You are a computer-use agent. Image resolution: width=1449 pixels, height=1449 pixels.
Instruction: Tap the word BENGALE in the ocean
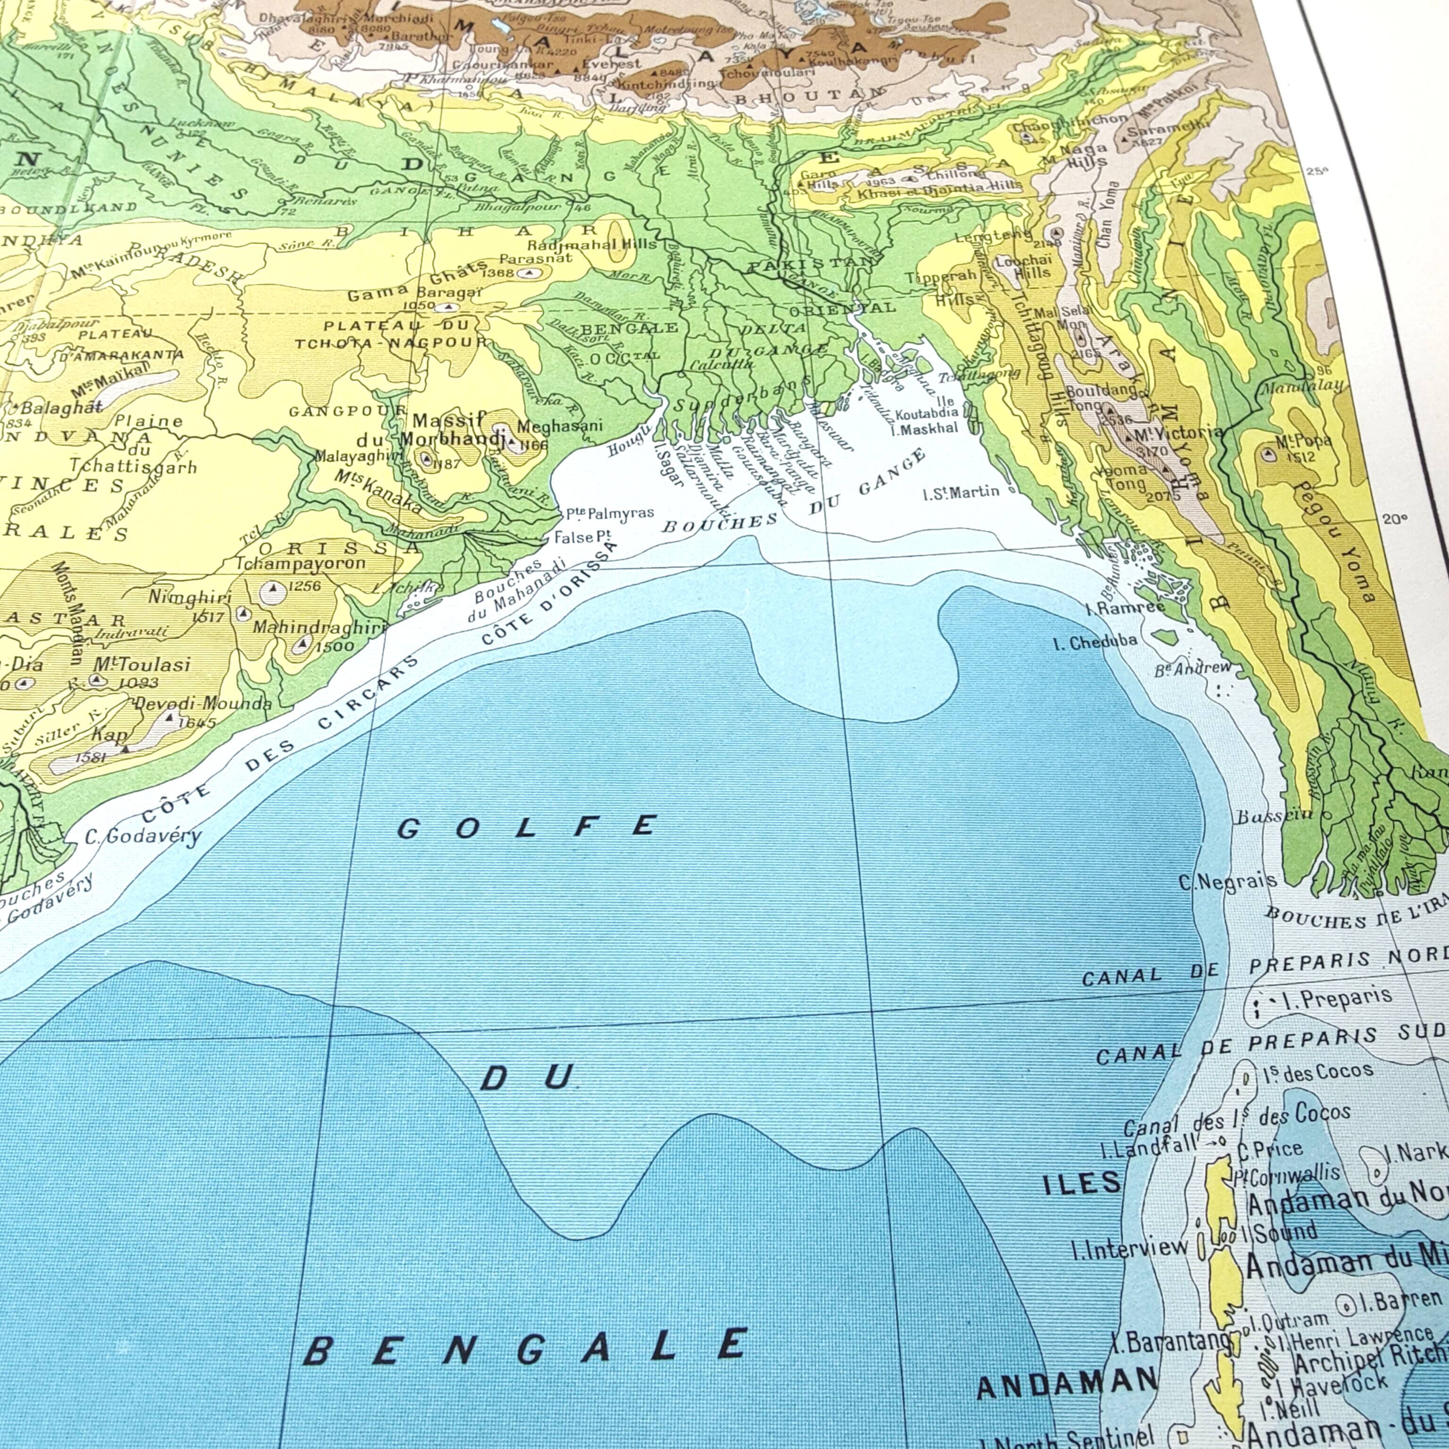pos(525,1346)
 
